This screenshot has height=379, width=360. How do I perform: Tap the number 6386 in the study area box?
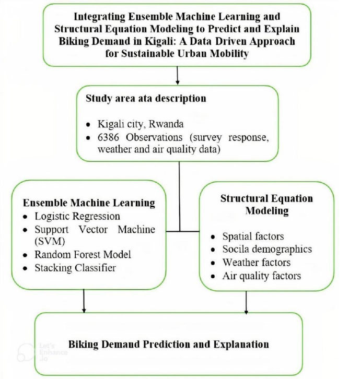point(109,137)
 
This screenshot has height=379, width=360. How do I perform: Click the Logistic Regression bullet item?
point(77,216)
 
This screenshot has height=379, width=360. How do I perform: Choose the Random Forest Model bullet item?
point(83,255)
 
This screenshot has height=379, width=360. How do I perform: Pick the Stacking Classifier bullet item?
point(75,268)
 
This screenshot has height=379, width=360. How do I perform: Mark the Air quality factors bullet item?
point(261,275)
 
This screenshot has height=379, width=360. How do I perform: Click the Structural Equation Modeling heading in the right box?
point(266,204)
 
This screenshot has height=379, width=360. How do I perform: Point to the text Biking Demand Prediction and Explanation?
point(168,344)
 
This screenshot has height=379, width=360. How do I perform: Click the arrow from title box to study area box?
point(178,76)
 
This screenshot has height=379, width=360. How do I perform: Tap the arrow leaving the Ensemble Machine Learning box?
point(84,301)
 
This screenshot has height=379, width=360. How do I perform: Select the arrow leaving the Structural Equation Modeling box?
point(246,302)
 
